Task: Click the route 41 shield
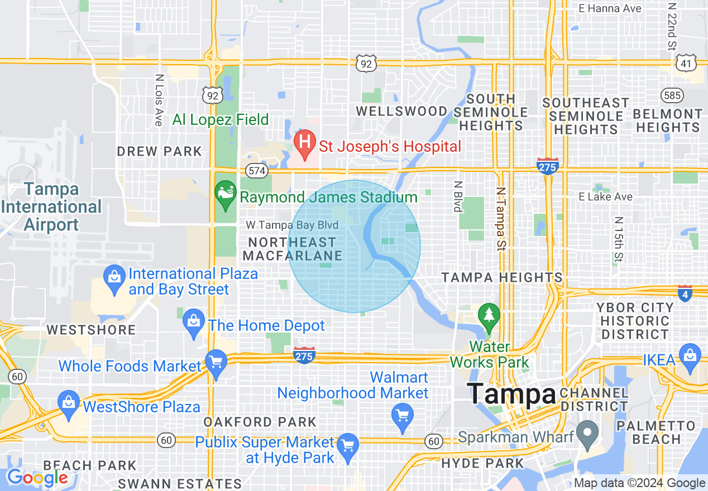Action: (x=685, y=63)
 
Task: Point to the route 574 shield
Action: (x=257, y=171)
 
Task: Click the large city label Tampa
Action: (x=511, y=394)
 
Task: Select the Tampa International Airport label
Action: (x=51, y=207)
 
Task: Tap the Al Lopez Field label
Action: (x=221, y=119)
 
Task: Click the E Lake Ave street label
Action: (x=606, y=196)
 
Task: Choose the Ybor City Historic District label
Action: (x=635, y=321)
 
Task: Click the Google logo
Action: (x=37, y=477)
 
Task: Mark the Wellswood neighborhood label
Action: (x=401, y=111)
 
